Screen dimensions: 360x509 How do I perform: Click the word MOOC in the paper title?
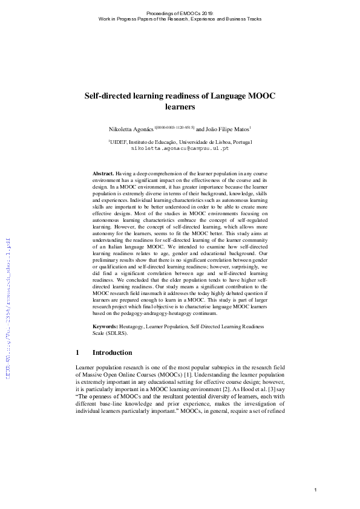point(263,96)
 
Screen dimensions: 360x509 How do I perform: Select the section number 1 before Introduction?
point(77,352)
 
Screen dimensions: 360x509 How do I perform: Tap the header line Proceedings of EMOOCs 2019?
point(180,13)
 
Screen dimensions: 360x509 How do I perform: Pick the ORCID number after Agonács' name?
point(175,127)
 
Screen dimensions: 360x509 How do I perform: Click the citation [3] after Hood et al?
point(275,392)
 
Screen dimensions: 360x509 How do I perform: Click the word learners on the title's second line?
point(179,108)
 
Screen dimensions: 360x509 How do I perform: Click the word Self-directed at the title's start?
point(107,96)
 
